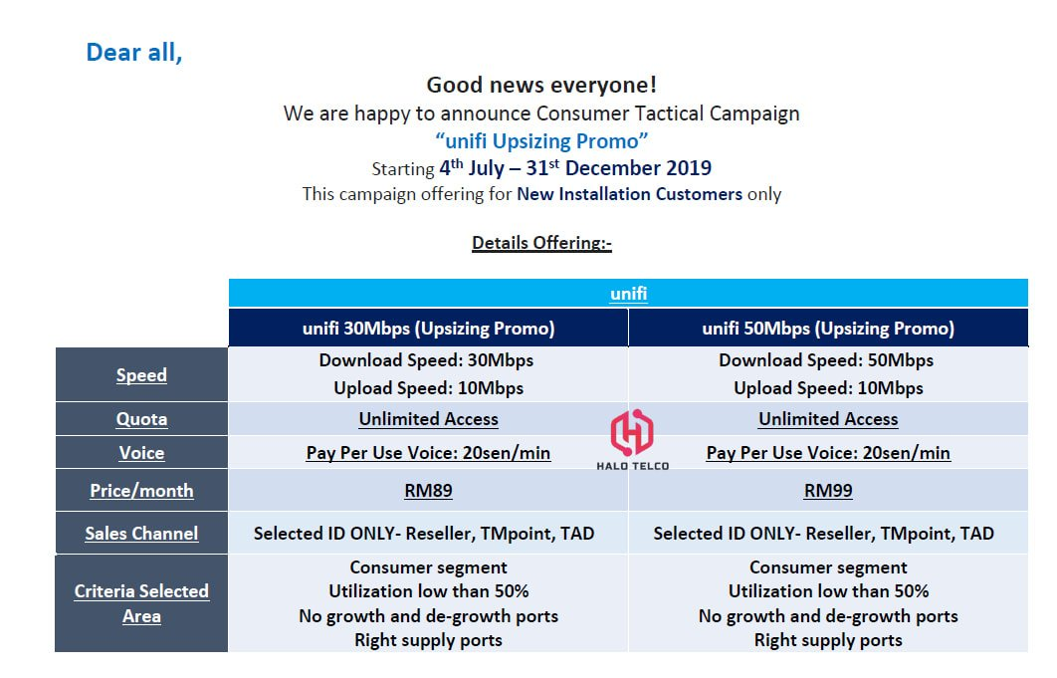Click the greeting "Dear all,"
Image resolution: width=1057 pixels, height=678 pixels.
coord(134,53)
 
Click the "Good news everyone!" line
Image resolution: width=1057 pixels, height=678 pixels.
coord(541,85)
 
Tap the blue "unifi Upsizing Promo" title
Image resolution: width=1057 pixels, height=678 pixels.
coord(541,141)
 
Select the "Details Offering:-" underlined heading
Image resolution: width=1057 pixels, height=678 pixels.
coord(541,243)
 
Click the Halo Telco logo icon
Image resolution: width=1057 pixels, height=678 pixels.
coord(632,432)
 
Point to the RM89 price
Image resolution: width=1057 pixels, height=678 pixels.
coord(428,491)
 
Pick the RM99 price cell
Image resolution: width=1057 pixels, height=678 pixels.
coord(828,491)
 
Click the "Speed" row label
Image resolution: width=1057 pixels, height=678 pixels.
coord(141,375)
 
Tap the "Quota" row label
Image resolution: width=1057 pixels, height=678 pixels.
coord(141,419)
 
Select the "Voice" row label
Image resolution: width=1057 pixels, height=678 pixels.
coord(141,453)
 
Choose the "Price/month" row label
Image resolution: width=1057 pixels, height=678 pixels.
coord(141,491)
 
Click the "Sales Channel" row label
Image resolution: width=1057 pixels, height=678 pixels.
coord(141,533)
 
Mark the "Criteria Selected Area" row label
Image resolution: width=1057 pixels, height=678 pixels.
coord(141,603)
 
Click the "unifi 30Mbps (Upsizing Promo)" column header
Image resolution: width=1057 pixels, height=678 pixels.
coord(429,329)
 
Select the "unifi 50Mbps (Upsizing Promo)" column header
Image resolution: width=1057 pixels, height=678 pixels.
coord(828,329)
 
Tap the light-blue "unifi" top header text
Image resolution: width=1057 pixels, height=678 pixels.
coord(628,294)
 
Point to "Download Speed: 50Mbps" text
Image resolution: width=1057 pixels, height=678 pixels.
coord(826,360)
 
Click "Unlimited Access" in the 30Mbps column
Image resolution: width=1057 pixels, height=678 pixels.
coord(428,419)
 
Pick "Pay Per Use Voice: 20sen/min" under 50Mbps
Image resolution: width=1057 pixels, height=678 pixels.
coord(828,453)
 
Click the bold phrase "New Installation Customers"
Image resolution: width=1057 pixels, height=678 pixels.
coord(630,194)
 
